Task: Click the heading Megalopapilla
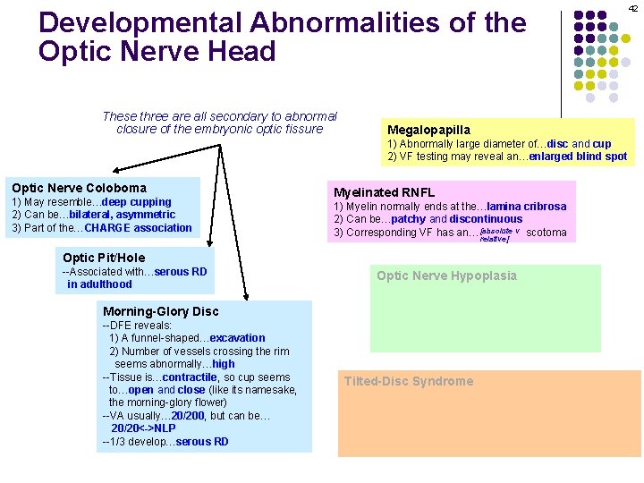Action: pyautogui.click(x=428, y=130)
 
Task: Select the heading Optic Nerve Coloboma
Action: pyautogui.click(x=79, y=188)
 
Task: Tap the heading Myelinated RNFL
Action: pyautogui.click(x=384, y=192)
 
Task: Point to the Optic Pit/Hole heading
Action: pyautogui.click(x=104, y=258)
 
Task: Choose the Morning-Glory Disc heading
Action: pyautogui.click(x=160, y=311)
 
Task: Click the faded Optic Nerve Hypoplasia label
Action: pyautogui.click(x=446, y=275)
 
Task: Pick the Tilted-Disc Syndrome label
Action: pyautogui.click(x=409, y=381)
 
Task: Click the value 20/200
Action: pyautogui.click(x=189, y=415)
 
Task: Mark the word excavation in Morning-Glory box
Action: pyautogui.click(x=237, y=337)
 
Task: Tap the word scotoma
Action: pyautogui.click(x=546, y=233)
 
